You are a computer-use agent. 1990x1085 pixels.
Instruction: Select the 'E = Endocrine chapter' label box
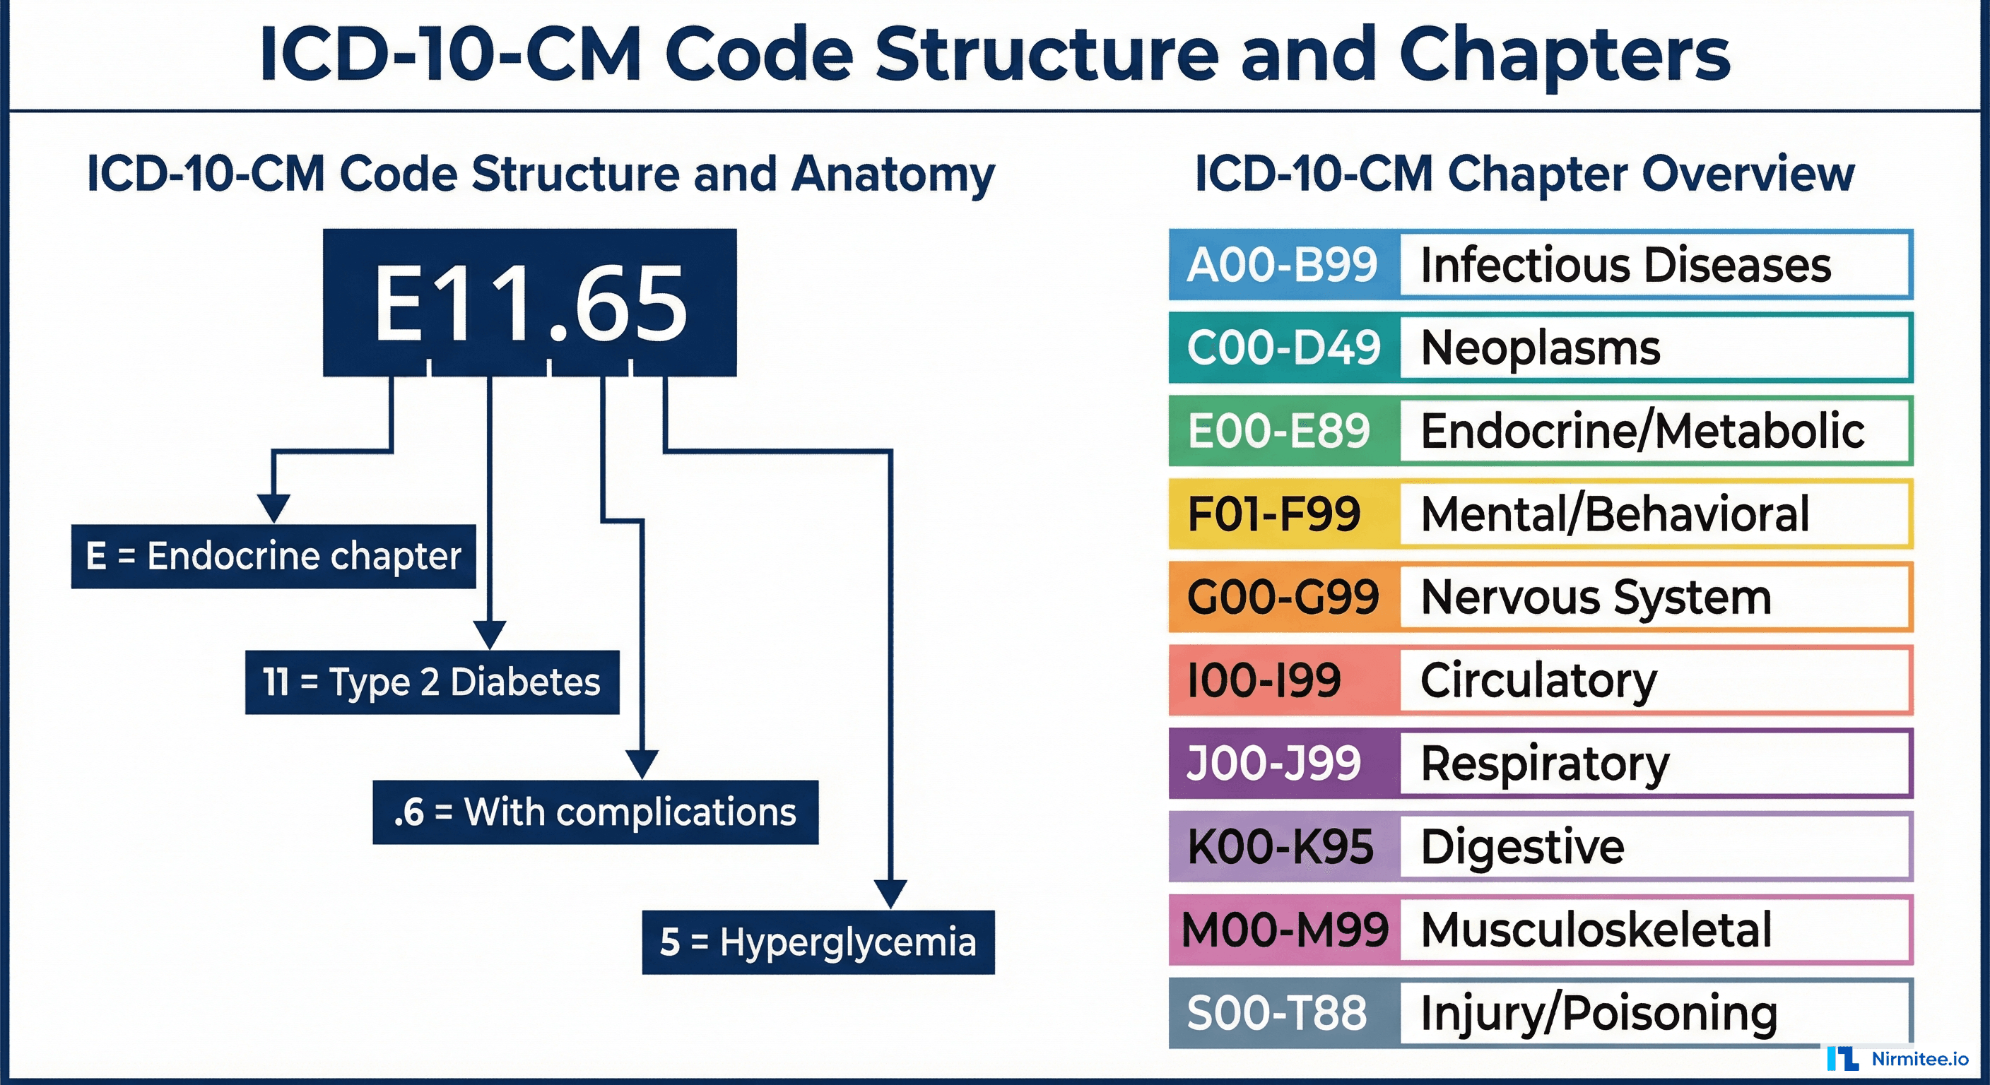pos(273,556)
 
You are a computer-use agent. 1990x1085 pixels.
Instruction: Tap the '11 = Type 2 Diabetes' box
pos(432,682)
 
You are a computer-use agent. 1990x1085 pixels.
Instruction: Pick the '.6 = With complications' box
pos(595,812)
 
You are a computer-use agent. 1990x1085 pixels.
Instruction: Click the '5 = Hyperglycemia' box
pos(818,942)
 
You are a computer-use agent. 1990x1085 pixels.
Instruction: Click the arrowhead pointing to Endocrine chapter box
pos(273,508)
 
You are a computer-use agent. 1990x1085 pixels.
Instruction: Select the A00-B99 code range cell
pos(1283,265)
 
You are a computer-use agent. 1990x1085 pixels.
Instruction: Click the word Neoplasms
pos(1540,348)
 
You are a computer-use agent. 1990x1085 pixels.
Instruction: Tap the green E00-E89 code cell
pos(1280,431)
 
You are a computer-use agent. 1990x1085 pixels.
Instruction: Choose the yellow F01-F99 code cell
pos(1274,514)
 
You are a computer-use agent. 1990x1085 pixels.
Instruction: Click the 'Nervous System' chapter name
pos(1595,598)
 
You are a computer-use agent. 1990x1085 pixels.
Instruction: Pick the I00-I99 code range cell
pos(1265,680)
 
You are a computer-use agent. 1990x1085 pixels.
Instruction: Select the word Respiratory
pos(1545,764)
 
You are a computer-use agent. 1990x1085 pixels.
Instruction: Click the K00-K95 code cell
pos(1280,847)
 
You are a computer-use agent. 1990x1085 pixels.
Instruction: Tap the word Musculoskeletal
pos(1596,930)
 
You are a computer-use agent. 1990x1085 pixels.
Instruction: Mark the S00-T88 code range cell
pos(1277,1013)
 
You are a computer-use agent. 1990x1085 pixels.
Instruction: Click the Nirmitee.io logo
pos(1898,1059)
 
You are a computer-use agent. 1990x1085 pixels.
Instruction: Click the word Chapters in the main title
pos(1565,54)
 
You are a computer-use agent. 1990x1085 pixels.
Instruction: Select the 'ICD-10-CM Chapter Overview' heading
pos(1524,174)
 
